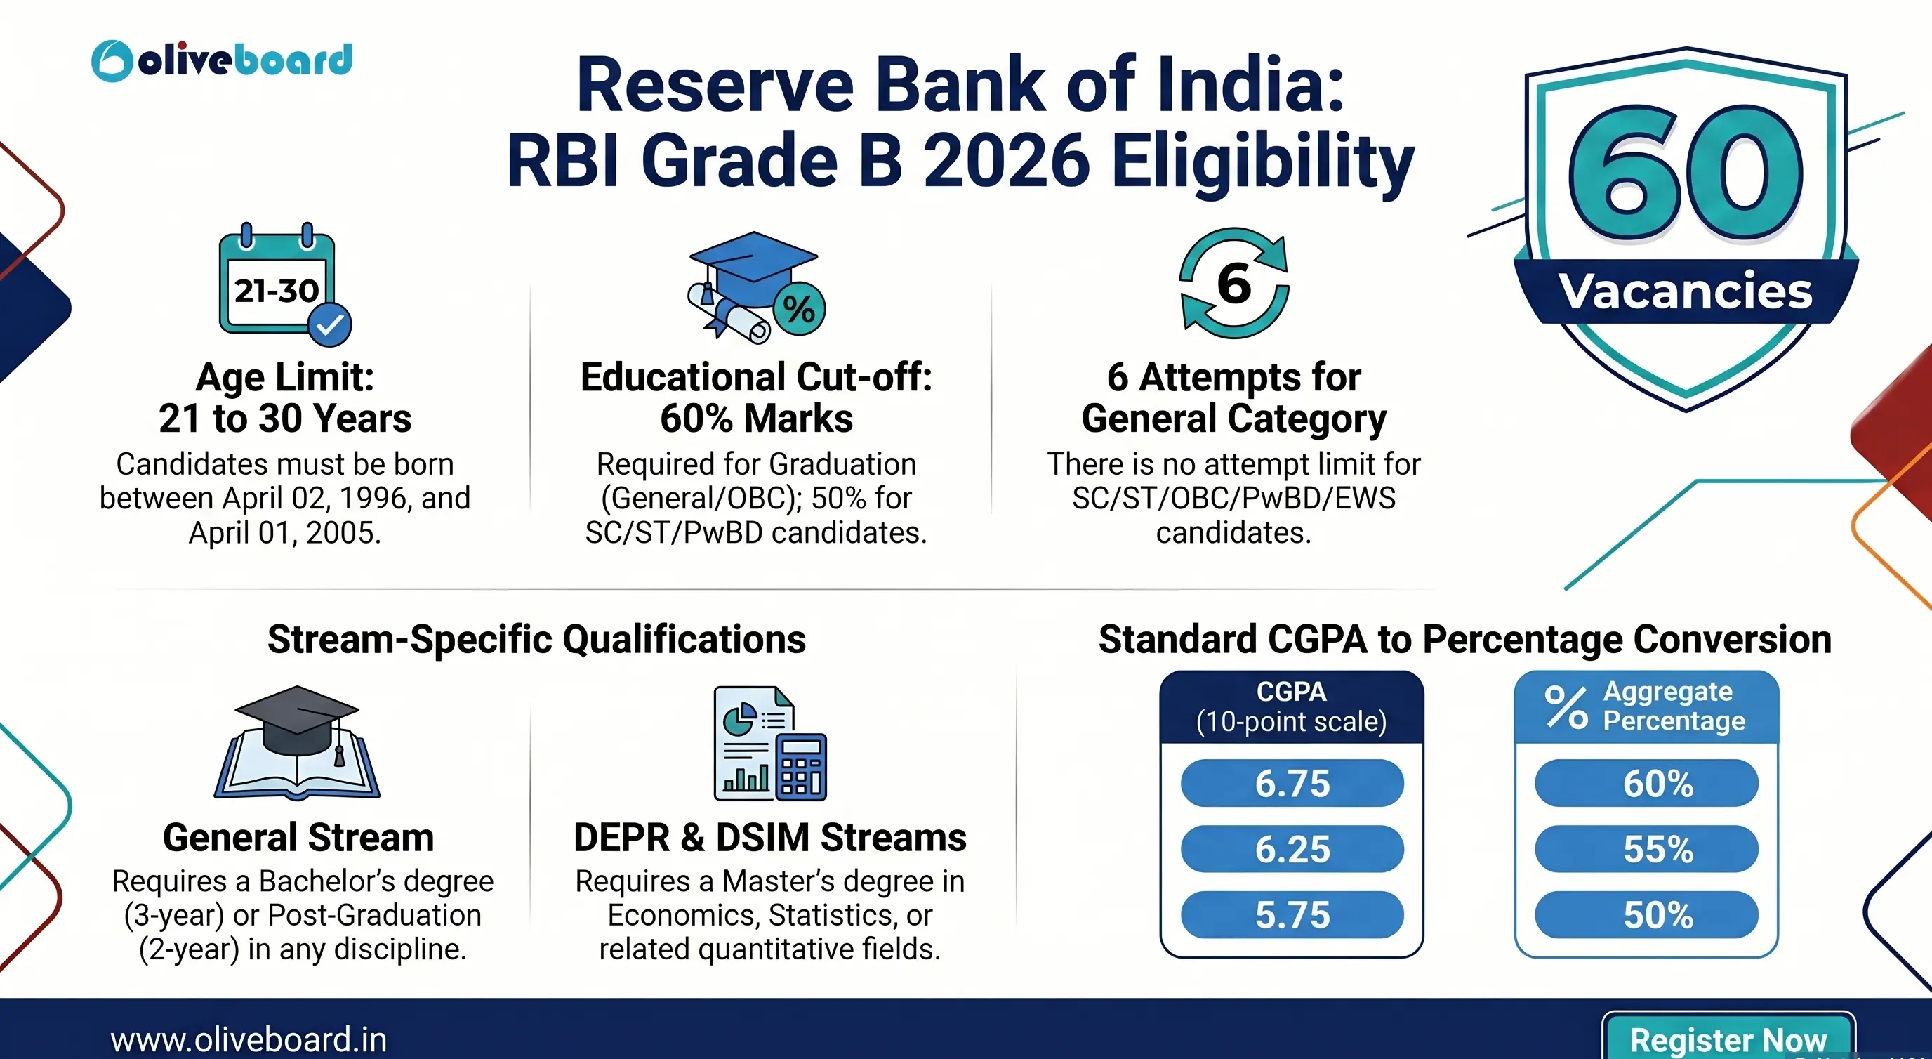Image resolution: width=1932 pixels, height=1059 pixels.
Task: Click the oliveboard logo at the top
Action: (x=222, y=60)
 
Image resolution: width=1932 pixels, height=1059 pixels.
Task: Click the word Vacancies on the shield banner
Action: (x=1686, y=291)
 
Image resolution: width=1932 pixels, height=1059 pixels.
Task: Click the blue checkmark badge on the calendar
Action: (x=330, y=324)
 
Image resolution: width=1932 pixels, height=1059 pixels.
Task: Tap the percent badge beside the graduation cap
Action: (x=799, y=308)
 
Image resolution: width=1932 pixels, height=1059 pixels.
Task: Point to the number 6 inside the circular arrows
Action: (x=1233, y=284)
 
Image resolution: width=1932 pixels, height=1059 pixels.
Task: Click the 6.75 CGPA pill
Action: (x=1292, y=784)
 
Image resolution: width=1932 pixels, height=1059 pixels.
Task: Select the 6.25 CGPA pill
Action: (x=1292, y=849)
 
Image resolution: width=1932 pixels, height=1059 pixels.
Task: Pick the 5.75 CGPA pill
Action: (x=1292, y=915)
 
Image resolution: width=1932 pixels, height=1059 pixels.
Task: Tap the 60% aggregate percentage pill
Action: (x=1646, y=784)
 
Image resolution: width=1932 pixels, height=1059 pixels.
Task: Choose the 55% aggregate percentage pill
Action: (x=1646, y=849)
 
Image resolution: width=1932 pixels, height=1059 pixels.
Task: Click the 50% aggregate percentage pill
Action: (x=1646, y=915)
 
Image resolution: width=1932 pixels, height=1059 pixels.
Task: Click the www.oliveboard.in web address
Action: (x=249, y=1039)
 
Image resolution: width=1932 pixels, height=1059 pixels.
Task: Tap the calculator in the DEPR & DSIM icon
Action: (x=802, y=766)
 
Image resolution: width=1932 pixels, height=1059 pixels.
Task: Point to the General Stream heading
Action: (x=298, y=837)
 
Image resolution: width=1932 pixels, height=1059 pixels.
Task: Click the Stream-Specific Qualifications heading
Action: (x=536, y=639)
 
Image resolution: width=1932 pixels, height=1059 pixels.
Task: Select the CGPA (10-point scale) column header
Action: (x=1291, y=706)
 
